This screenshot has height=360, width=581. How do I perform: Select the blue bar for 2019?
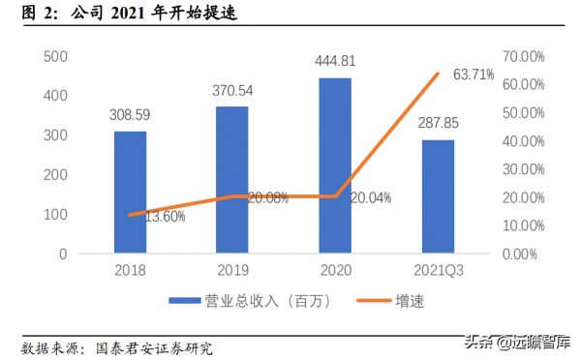point(231,179)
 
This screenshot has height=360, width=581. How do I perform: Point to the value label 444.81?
point(334,61)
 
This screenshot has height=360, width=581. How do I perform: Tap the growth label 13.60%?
point(165,216)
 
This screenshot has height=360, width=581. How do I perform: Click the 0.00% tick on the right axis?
point(524,254)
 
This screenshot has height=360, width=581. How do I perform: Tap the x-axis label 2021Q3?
point(438,271)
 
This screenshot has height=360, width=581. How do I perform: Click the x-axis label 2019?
point(231,271)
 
